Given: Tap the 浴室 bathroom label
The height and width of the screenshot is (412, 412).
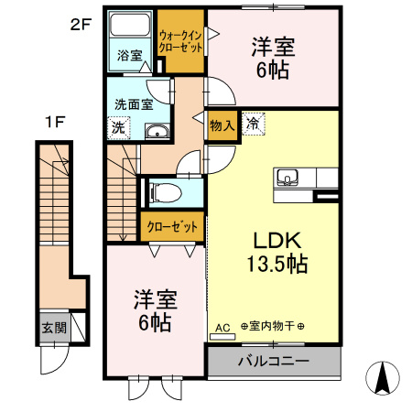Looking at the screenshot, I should pos(129,55).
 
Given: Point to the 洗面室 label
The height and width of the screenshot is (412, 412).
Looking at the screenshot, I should pos(133,103).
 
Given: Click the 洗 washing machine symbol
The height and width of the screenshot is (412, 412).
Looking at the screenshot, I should pos(119,129).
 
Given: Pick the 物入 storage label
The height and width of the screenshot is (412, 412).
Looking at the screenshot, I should pos(222,125).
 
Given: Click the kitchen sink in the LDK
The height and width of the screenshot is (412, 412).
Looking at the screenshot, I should pos(286,178).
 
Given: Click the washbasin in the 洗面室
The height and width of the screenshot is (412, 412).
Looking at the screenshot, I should pos(157,131).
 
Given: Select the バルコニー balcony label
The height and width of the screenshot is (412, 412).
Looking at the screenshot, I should pos(273,362).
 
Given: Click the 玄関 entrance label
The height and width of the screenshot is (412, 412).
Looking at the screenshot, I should pos(52,327).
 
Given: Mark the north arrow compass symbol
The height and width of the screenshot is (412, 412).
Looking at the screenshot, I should pos(382,377).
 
